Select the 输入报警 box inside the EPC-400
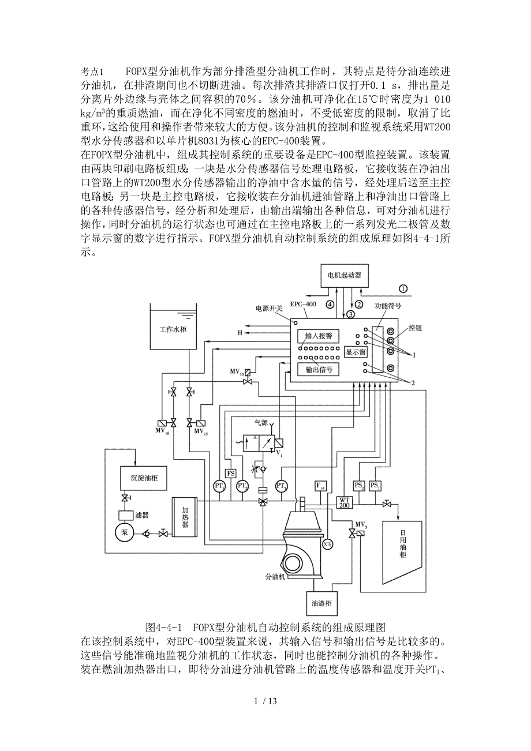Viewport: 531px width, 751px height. coord(319,336)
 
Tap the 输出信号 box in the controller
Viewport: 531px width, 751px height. coord(319,369)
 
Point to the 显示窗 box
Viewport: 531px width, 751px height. coord(356,351)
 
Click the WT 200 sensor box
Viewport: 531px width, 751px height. coord(345,502)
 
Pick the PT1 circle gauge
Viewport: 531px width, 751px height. coord(219,486)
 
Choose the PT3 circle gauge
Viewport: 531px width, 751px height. coord(282,486)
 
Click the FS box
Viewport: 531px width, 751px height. coord(230,474)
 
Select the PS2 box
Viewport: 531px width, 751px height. coord(359,485)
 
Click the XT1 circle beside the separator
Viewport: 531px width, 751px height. coord(327,544)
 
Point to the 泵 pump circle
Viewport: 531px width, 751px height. coord(124,532)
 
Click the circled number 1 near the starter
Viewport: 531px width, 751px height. coord(403,288)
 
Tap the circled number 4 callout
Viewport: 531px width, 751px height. coord(330,304)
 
